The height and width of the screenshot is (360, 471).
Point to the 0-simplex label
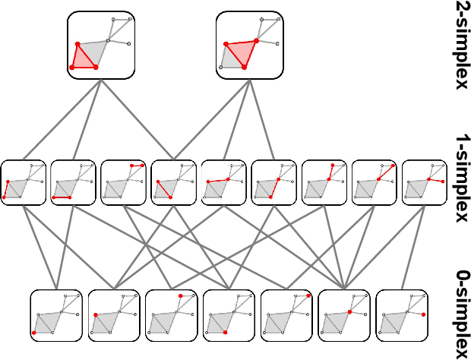coord(460,313)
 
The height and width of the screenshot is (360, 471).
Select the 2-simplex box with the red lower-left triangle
coord(101,44)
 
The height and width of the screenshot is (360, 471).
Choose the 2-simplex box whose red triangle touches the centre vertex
coord(250,44)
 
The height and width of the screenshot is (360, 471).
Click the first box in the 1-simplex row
coord(23,182)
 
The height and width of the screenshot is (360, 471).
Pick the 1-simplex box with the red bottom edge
coord(73,182)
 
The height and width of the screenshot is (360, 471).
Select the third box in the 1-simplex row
coord(123,182)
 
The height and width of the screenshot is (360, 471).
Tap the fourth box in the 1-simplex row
coord(173,182)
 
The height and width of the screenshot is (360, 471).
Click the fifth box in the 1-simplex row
coord(223,182)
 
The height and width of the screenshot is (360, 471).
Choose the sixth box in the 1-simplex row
coord(273,182)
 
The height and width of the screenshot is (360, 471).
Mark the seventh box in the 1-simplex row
coord(324,182)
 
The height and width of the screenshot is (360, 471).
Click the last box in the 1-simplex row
coord(424,182)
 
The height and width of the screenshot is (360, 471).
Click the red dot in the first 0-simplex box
coord(35,333)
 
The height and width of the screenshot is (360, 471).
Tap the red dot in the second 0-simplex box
coord(96,314)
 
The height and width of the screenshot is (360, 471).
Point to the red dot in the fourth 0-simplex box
coord(226,333)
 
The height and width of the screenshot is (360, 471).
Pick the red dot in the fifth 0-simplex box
coord(308,295)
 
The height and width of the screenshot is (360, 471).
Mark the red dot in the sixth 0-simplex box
coord(349,312)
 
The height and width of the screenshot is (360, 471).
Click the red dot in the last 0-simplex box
coord(422,314)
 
